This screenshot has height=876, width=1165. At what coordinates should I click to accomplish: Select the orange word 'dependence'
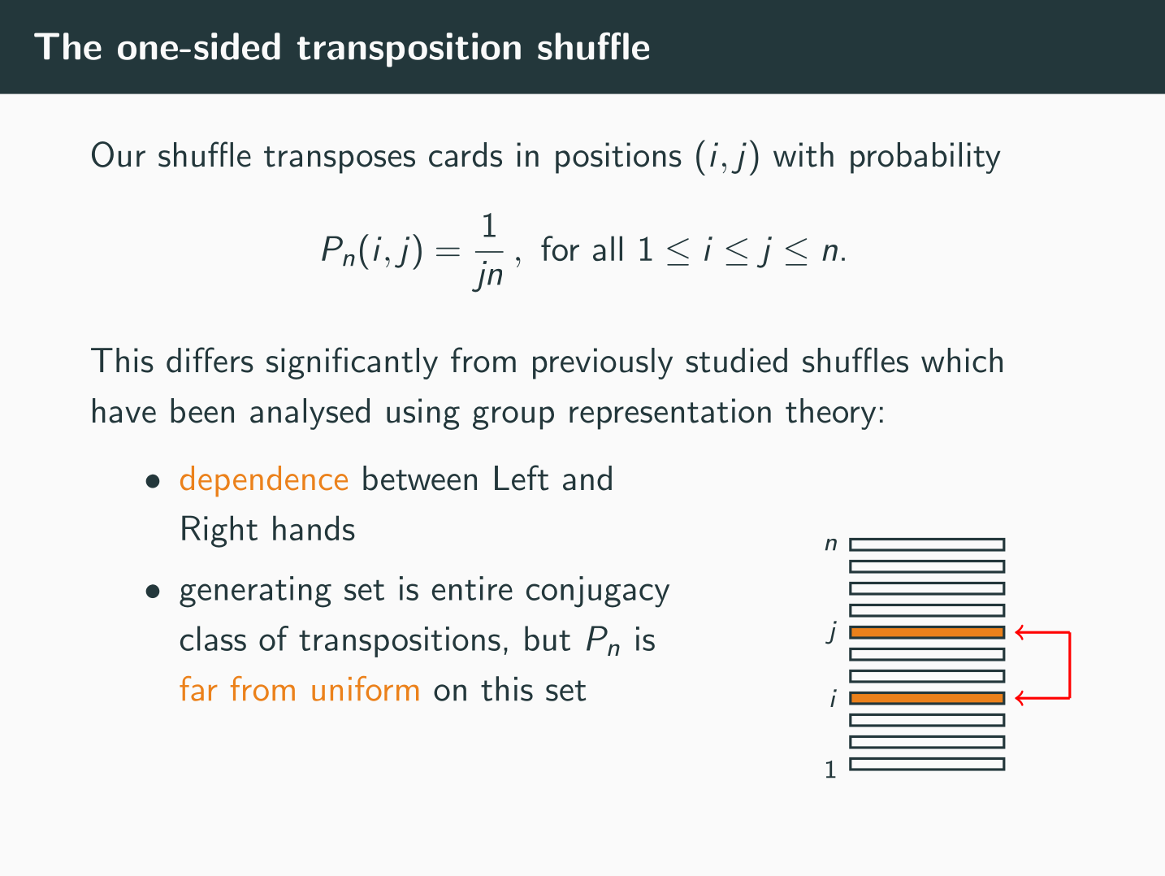(x=264, y=480)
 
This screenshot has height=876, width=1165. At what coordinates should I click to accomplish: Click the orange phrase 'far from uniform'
(x=300, y=690)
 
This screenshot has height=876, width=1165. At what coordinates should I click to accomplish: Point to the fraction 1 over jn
(x=488, y=250)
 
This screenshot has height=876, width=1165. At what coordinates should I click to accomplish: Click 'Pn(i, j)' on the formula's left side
(x=372, y=250)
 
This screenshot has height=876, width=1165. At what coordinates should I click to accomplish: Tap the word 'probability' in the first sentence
(x=924, y=156)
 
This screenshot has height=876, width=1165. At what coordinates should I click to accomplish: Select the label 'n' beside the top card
(x=830, y=544)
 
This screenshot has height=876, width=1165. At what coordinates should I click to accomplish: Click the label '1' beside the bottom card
(x=830, y=769)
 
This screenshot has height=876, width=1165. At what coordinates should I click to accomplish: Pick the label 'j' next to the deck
(x=831, y=631)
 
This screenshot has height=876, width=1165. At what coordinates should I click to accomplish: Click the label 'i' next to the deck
(x=832, y=698)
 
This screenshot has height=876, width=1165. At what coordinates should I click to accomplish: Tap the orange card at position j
(x=927, y=632)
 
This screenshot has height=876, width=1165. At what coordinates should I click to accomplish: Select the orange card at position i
(x=927, y=698)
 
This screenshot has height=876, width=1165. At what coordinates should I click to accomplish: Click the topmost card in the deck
(x=927, y=544)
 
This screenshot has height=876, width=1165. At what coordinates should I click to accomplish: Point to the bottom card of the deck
(x=927, y=764)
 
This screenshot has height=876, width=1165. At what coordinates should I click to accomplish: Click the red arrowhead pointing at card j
(x=1020, y=632)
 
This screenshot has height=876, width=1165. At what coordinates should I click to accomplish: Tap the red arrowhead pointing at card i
(x=1020, y=698)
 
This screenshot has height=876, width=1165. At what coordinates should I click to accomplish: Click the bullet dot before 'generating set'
(x=152, y=592)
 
